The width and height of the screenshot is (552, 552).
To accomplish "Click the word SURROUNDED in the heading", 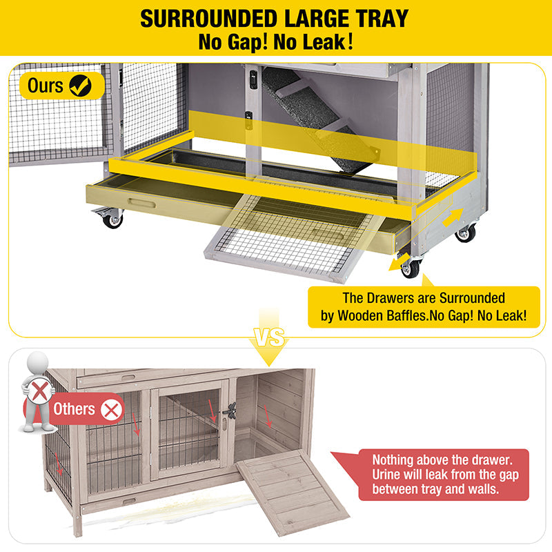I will pyautogui.click(x=208, y=19).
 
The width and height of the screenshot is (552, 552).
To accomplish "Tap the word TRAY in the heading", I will pyautogui.click(x=375, y=19).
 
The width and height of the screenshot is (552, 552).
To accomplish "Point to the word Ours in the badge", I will pyautogui.click(x=46, y=86).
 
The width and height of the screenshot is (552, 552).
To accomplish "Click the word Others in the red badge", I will pyautogui.click(x=75, y=409).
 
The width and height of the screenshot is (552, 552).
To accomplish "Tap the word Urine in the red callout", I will pyautogui.click(x=388, y=474).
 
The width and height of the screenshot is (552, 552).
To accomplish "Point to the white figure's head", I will pyautogui.click(x=38, y=363).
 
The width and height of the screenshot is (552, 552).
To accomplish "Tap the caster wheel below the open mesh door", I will pyautogui.click(x=112, y=220).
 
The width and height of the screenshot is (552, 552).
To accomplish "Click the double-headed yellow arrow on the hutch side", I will pyautogui.click(x=453, y=217).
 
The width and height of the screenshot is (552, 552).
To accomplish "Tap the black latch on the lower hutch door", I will pyautogui.click(x=229, y=412).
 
